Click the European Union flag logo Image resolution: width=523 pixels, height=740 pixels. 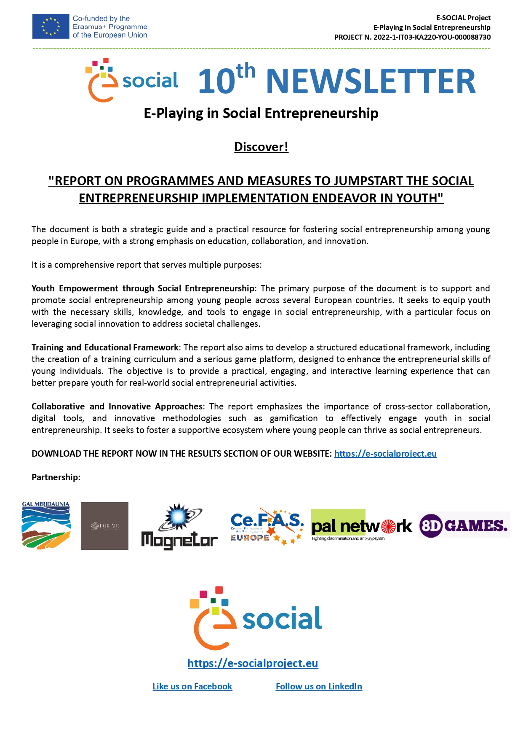pos(51,27)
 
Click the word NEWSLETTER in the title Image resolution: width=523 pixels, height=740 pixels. pos(371,81)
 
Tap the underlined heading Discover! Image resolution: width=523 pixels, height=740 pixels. pos(261,147)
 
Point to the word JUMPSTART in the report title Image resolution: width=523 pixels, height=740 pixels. pos(369,181)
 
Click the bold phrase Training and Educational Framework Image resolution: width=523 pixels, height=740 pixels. pos(105,347)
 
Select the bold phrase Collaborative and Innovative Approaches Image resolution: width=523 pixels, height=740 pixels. pos(117,406)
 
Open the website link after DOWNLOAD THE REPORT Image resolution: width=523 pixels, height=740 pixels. pos(385,454)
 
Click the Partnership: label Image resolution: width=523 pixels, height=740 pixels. pos(56,477)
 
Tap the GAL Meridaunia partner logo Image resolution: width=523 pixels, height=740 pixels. pos(46,526)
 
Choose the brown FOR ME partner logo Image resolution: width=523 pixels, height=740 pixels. pos(104,526)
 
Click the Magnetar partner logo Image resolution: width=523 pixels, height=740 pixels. pos(179,527)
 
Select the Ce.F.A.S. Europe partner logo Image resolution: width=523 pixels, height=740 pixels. pos(267,526)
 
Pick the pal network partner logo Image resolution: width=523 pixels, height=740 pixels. pos(361,525)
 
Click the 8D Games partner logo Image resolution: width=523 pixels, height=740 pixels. pos(464,525)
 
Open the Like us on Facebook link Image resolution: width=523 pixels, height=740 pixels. pos(192,686)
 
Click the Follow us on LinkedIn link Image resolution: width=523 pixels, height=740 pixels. pos(319,686)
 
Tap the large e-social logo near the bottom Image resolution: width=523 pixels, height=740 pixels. pos(256,618)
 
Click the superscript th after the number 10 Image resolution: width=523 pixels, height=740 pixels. pos(246,71)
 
